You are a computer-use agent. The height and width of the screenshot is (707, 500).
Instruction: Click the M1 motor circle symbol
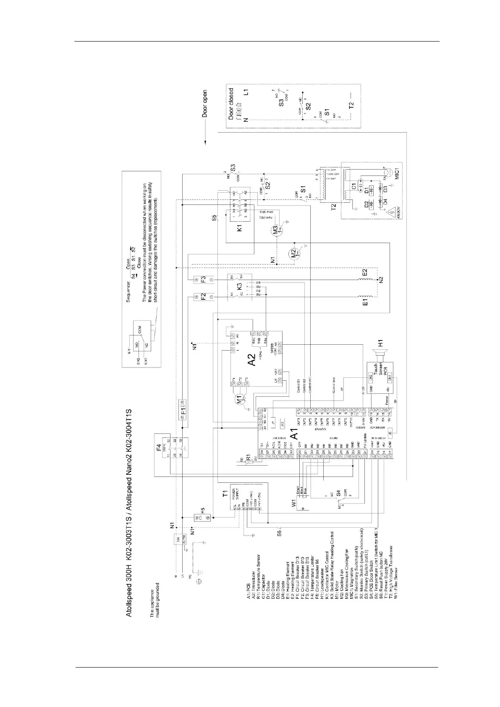[x=241, y=400]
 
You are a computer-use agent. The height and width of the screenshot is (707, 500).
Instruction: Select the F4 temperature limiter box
[x=172, y=447]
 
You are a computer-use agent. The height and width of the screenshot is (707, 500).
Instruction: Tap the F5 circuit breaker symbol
[x=201, y=517]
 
